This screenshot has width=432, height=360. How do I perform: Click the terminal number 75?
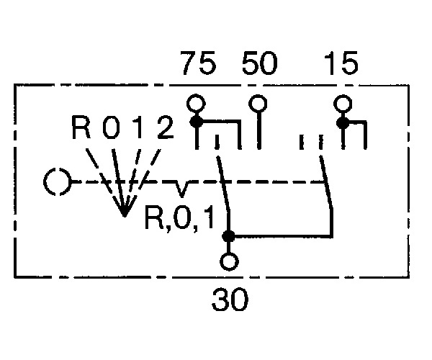coord(198,63)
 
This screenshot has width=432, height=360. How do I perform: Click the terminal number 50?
coord(259,63)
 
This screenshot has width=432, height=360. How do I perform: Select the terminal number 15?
coord(341,63)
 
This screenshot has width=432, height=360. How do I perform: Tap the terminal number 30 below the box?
coord(230,300)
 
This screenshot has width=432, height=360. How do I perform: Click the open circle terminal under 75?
coord(196,104)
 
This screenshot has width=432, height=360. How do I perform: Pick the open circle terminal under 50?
coord(258,104)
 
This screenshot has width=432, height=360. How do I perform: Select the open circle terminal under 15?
coord(343,104)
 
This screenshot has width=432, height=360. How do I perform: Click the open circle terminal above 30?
coord(229,261)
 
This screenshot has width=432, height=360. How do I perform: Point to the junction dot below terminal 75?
coord(197,122)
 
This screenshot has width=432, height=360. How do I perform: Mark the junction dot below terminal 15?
coord(343,122)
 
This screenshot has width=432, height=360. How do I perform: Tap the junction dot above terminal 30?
coord(228,236)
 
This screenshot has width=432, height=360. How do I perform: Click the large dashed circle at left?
coord(58,181)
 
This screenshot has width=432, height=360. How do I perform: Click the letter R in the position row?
coord(81,127)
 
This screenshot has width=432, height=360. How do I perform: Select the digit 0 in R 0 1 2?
coord(111,127)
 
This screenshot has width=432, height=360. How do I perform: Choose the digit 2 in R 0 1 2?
coord(166,127)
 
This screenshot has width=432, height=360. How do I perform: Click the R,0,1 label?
coord(179,218)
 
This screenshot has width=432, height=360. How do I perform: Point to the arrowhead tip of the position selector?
coord(125,217)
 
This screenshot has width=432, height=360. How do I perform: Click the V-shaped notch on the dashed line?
coord(181,189)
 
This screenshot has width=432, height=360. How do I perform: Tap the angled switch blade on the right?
coord(326,182)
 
